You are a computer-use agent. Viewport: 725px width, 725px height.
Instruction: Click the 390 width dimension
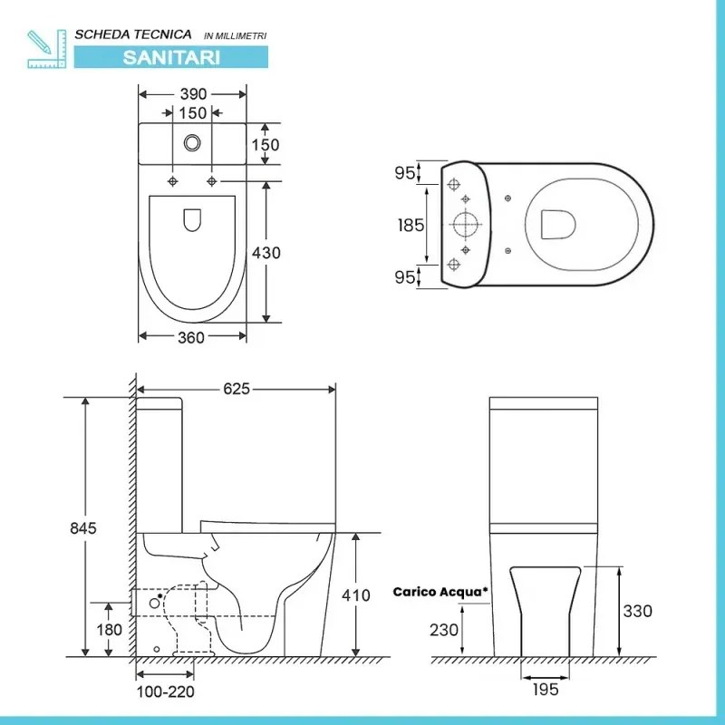point(193,94)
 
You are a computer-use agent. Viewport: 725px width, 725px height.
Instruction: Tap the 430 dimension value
point(266,253)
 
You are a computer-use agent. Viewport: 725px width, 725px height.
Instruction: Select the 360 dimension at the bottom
point(191,337)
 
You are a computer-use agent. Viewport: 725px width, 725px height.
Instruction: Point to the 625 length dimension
point(237,389)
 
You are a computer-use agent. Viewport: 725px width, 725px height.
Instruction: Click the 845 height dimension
point(83,528)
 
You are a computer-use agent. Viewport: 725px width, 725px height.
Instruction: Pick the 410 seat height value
point(356,595)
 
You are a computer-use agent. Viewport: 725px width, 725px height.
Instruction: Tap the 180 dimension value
point(109,630)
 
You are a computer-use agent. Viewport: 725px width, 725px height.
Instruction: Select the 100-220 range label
point(166,691)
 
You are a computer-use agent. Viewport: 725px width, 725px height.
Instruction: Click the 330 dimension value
point(638,611)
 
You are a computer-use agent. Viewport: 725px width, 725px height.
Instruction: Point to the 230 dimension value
point(444,630)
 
